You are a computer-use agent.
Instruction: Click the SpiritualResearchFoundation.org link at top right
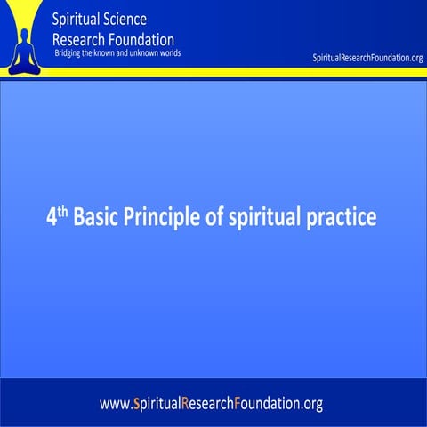pyautogui.click(x=367, y=59)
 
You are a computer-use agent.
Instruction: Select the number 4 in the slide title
pyautogui.click(x=51, y=217)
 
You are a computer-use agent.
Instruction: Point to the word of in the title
pyautogui.click(x=213, y=217)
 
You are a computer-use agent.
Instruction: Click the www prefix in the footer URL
pyautogui.click(x=113, y=404)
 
